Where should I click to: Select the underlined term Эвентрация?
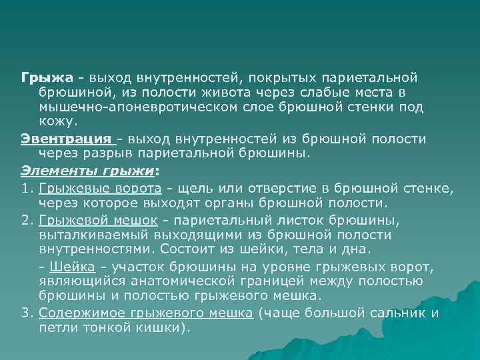tap(66, 139)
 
